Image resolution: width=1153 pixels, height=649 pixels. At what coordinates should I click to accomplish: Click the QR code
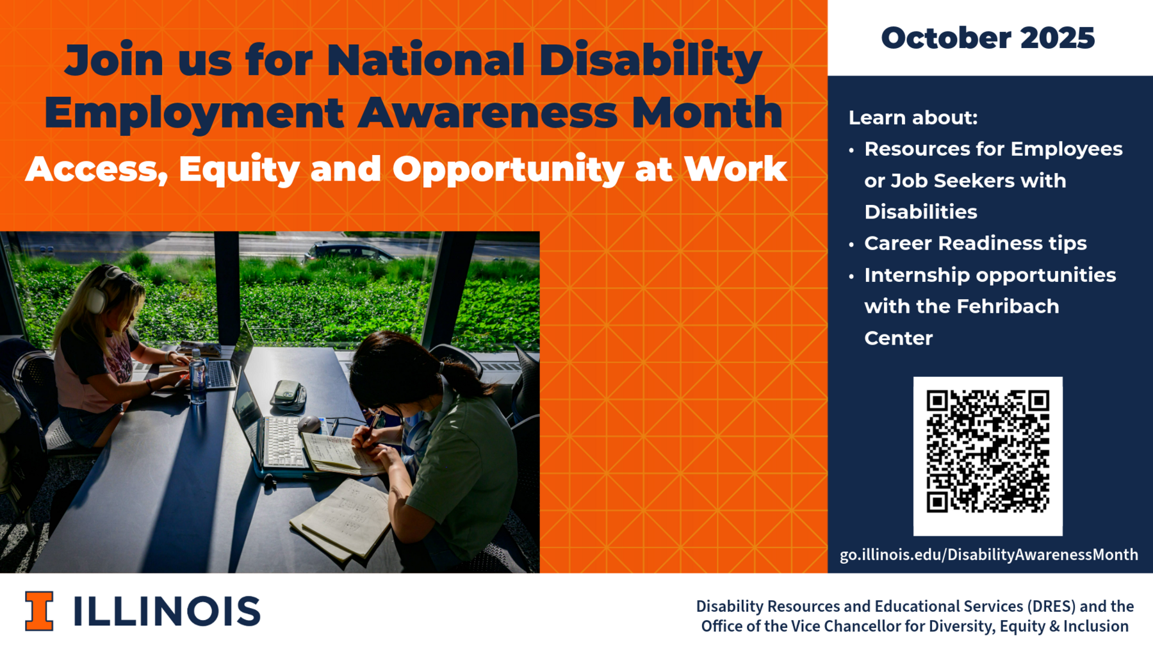(x=988, y=456)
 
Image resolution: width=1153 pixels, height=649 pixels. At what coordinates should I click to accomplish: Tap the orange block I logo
(x=39, y=611)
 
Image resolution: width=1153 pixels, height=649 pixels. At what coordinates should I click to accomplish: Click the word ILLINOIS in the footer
(x=167, y=611)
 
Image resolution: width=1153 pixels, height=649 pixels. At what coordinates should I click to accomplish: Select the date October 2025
(x=988, y=38)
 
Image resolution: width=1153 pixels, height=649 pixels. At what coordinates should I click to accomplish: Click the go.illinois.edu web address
(x=989, y=554)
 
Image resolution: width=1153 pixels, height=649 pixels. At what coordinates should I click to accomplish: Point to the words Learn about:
(x=913, y=117)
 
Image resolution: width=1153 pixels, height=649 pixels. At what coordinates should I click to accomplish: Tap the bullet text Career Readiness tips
(x=976, y=243)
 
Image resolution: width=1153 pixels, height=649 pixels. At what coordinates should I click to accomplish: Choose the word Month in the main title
(x=707, y=112)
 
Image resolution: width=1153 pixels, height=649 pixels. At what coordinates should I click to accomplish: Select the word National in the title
(x=426, y=60)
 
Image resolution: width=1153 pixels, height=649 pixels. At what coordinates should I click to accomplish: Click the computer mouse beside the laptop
(x=309, y=423)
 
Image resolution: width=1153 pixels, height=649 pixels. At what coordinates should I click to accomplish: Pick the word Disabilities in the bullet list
(x=920, y=212)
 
